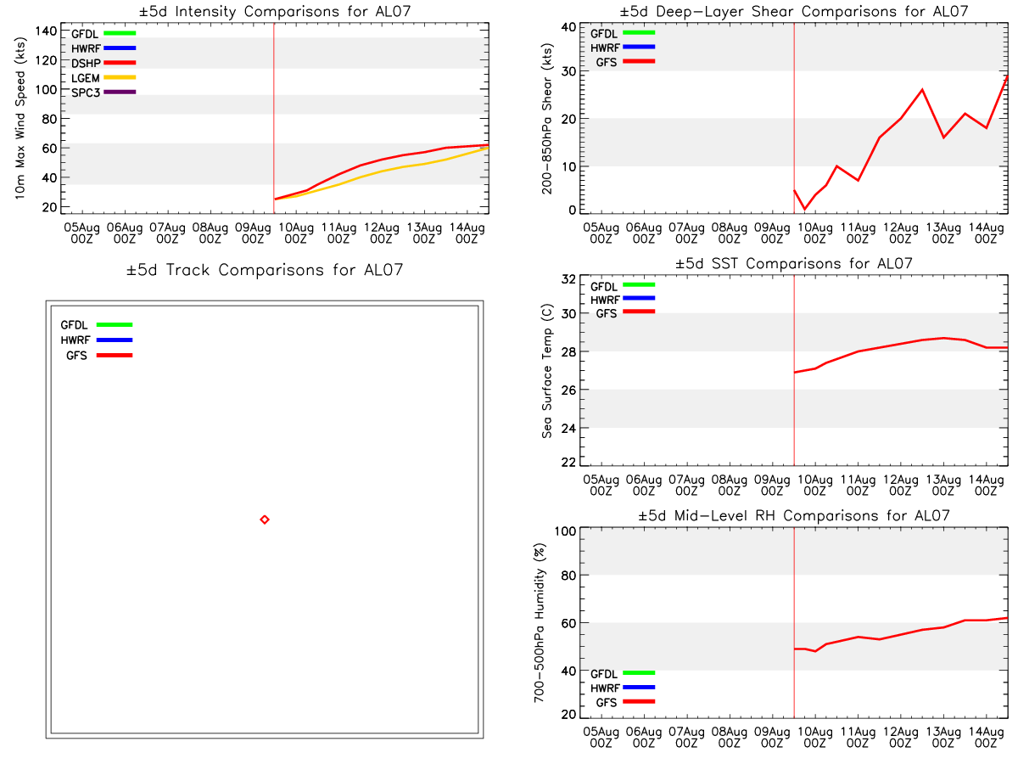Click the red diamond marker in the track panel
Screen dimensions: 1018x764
pos(265,520)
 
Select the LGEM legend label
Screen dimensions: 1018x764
pos(86,78)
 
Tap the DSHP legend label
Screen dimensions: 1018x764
pos(86,63)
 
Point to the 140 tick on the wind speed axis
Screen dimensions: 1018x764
pos(46,31)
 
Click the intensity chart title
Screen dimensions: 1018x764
pos(275,11)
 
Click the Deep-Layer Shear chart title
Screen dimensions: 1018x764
pos(794,11)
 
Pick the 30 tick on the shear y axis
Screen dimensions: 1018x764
pos(568,71)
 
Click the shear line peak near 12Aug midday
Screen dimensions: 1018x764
pos(922,89)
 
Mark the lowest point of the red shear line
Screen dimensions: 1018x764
pos(805,209)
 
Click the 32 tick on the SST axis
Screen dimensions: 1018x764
pos(568,279)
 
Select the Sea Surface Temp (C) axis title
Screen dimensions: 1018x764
pos(547,371)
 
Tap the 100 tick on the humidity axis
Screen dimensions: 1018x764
pos(565,531)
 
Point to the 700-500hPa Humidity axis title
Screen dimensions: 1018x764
pos(539,622)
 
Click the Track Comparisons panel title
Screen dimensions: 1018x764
pos(265,269)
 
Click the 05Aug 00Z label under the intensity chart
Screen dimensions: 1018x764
pos(81,233)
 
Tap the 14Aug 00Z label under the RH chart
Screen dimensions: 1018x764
pos(986,738)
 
